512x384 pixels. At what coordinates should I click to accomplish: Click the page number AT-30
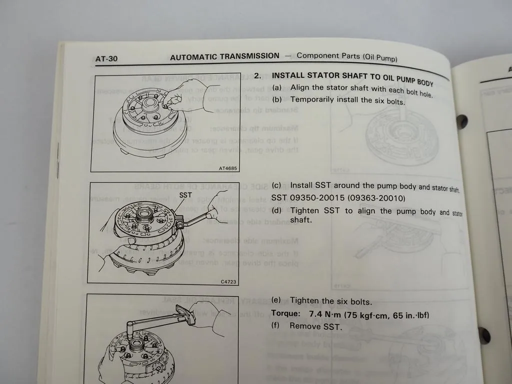pyautogui.click(x=106, y=59)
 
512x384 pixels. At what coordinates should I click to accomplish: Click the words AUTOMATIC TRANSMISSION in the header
pyautogui.click(x=224, y=56)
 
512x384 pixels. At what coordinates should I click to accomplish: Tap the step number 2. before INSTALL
pyautogui.click(x=257, y=76)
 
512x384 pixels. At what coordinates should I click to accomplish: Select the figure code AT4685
pyautogui.click(x=227, y=168)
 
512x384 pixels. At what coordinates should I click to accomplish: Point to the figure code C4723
pyautogui.click(x=228, y=282)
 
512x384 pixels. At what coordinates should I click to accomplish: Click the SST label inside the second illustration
pyautogui.click(x=185, y=195)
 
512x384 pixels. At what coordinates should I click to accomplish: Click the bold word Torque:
pyautogui.click(x=286, y=314)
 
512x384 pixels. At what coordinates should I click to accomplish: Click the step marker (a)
pyautogui.click(x=277, y=87)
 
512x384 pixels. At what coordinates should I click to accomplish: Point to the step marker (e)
pyautogui.click(x=276, y=300)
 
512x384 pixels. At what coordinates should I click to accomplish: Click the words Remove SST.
pyautogui.click(x=316, y=327)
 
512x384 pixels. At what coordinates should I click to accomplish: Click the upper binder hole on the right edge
pyautogui.click(x=462, y=120)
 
